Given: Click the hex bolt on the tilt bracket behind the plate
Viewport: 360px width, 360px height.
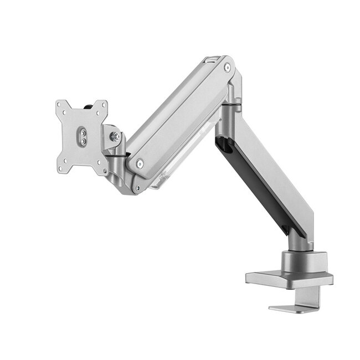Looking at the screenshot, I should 115,136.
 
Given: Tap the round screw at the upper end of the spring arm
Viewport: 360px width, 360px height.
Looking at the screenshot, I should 227,68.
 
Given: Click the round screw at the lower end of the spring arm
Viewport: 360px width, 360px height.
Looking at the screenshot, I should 139,163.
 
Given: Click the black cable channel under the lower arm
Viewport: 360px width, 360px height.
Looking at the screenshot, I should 260,188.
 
